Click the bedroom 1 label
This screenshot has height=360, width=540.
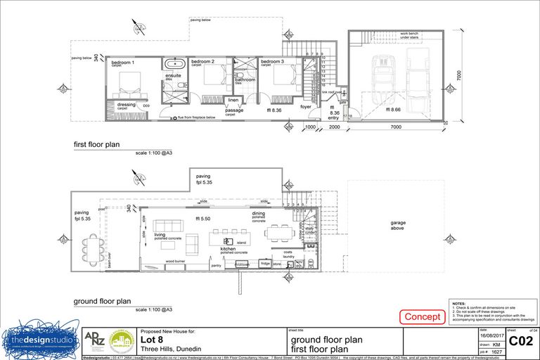(x=122, y=63)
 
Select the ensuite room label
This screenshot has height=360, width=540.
(x=173, y=76)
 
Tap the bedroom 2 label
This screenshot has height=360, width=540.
(x=203, y=62)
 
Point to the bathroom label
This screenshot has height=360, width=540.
(x=245, y=80)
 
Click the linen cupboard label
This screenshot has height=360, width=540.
(x=233, y=100)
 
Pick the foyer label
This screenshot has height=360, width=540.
(x=305, y=107)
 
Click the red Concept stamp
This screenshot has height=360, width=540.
(x=422, y=317)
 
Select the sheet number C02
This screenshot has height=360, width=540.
(x=520, y=342)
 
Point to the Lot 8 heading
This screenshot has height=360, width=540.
(x=152, y=339)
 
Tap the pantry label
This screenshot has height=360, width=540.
(x=216, y=266)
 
